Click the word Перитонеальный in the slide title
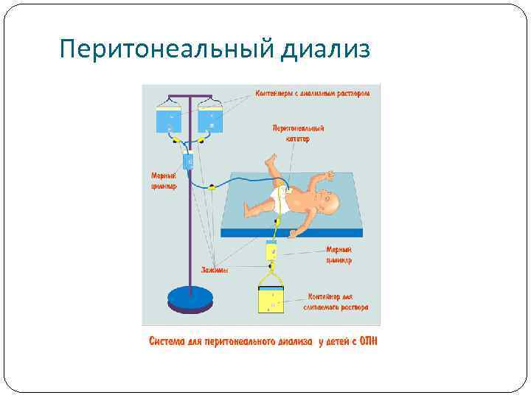pos(167,50)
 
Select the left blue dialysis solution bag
pos(170,119)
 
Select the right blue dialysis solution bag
pos(212,119)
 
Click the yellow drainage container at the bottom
pos(272,300)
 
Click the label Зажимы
pos(215,270)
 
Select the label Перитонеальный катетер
pos(299,133)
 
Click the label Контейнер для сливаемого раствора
pos(336,302)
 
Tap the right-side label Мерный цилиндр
pos(339,255)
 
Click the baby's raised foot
pos(271,159)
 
